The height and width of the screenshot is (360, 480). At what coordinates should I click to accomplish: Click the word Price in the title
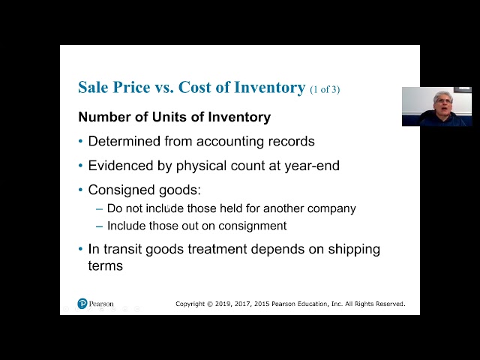[x=130, y=87]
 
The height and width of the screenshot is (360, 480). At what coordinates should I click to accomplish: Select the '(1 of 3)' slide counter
[x=325, y=89]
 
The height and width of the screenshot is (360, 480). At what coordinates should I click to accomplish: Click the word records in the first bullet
[x=291, y=141]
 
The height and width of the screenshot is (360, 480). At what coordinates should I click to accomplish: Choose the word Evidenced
[x=123, y=165]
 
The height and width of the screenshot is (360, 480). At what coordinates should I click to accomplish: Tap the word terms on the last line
[x=105, y=265]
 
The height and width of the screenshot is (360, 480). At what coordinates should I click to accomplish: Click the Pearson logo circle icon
[x=82, y=304]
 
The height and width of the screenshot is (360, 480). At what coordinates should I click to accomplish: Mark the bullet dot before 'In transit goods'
[x=81, y=249]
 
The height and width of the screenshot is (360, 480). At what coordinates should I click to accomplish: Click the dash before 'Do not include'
[x=100, y=208]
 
